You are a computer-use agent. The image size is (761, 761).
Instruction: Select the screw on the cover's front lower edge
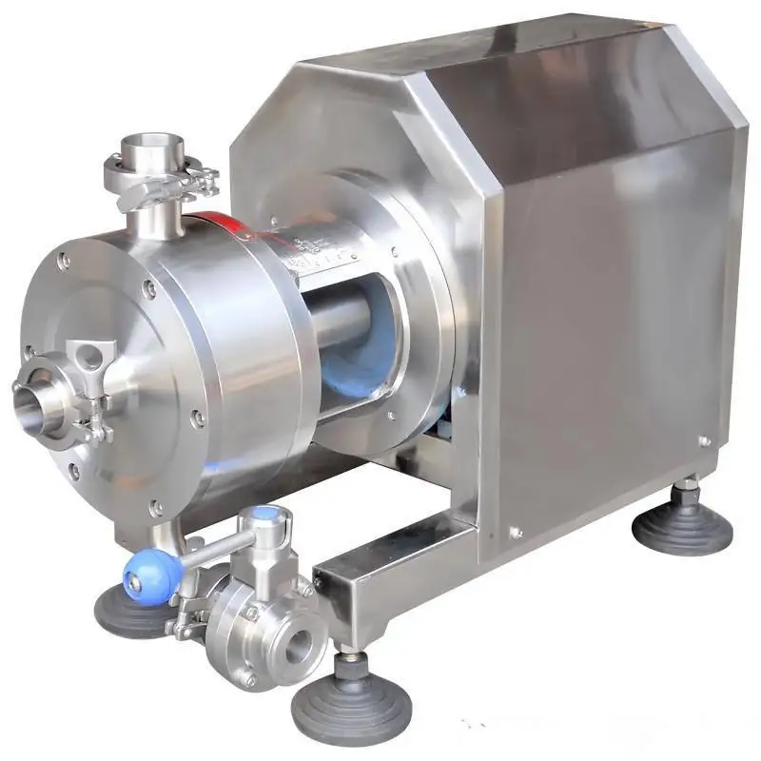coord(515,533)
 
